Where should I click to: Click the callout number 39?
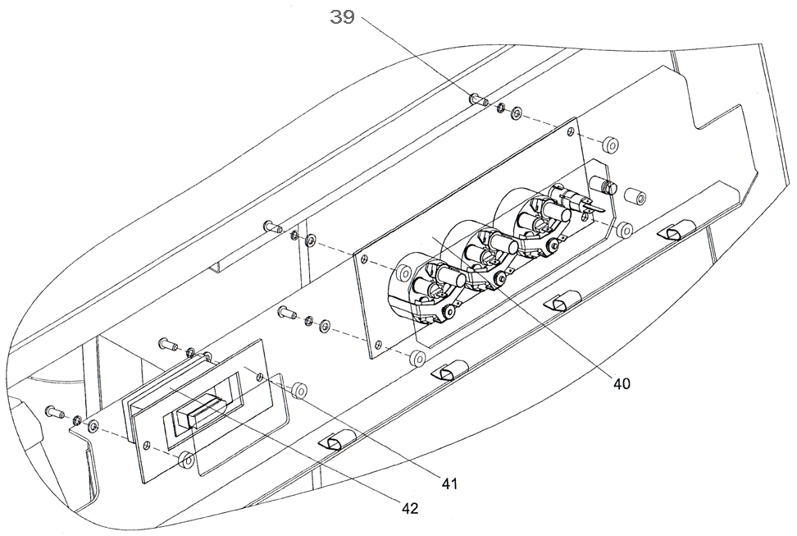point(343,17)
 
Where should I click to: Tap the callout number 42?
point(410,509)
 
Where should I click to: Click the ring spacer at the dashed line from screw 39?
point(609,145)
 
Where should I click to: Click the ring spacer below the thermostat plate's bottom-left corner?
point(418,359)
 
